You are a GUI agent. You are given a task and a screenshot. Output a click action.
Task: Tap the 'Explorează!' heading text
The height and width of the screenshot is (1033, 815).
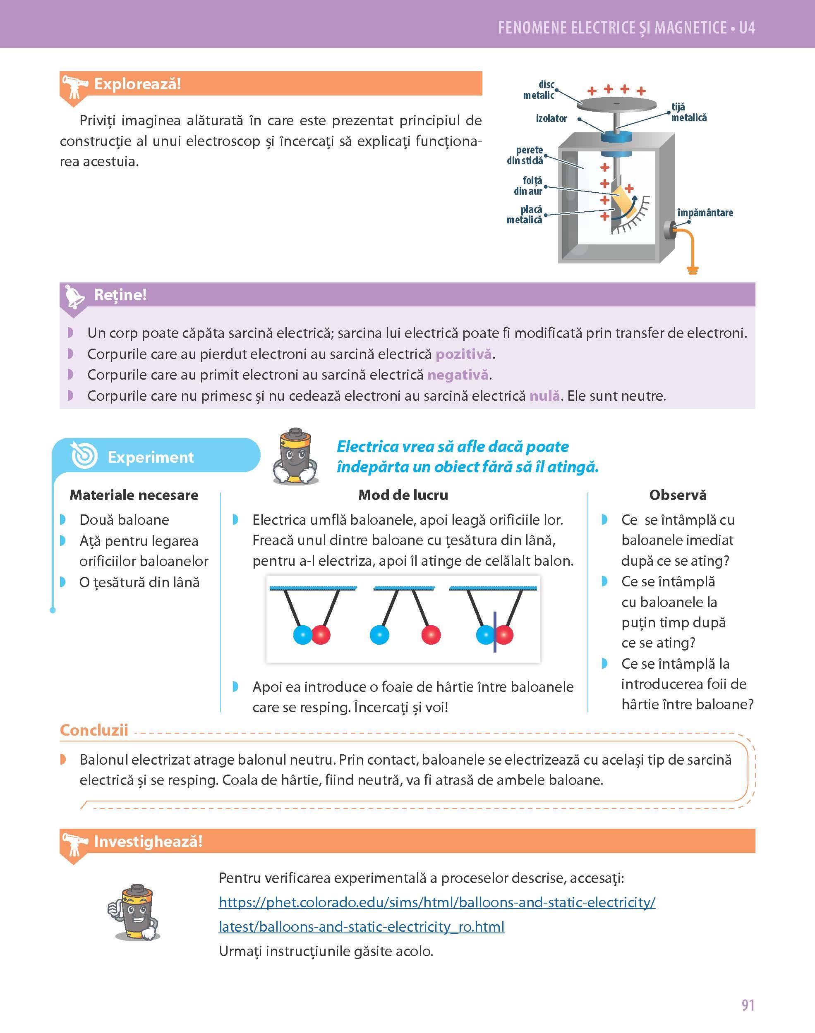pyautogui.click(x=137, y=84)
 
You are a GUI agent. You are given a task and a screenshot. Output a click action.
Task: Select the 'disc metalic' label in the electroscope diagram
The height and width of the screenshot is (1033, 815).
pyautogui.click(x=539, y=90)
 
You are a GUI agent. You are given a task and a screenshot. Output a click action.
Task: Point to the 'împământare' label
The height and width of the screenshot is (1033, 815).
pyautogui.click(x=705, y=213)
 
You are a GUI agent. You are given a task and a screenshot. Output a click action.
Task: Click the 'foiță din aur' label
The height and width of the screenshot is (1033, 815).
pyautogui.click(x=529, y=186)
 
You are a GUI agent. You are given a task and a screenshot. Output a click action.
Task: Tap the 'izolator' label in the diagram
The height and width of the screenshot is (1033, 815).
pyautogui.click(x=551, y=118)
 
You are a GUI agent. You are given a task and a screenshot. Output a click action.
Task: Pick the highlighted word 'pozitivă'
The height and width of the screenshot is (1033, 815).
pyautogui.click(x=463, y=354)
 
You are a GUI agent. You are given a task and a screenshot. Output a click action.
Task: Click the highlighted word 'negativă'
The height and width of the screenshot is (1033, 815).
pyautogui.click(x=458, y=375)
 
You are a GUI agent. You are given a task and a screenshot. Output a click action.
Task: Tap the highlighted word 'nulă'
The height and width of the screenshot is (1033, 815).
pyautogui.click(x=544, y=396)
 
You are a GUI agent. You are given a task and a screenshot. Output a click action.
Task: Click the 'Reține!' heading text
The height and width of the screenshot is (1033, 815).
pyautogui.click(x=120, y=295)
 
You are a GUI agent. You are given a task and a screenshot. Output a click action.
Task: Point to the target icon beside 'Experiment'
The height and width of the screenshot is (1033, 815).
pyautogui.click(x=84, y=457)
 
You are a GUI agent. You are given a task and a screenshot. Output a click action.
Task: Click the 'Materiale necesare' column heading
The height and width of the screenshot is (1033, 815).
pyautogui.click(x=134, y=495)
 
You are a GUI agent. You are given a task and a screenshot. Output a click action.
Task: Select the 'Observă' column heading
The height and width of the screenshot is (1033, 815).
pyautogui.click(x=678, y=495)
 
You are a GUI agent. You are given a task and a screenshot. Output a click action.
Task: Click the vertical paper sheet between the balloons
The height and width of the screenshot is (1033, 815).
pyautogui.click(x=494, y=631)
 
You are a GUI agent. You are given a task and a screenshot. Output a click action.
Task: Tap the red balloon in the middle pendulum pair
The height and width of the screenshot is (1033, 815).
pyautogui.click(x=431, y=635)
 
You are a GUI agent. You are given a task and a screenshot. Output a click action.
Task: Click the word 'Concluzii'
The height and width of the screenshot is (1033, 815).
pyautogui.click(x=94, y=730)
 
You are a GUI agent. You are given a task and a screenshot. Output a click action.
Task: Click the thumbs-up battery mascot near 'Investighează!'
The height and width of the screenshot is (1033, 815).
pyautogui.click(x=134, y=912)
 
